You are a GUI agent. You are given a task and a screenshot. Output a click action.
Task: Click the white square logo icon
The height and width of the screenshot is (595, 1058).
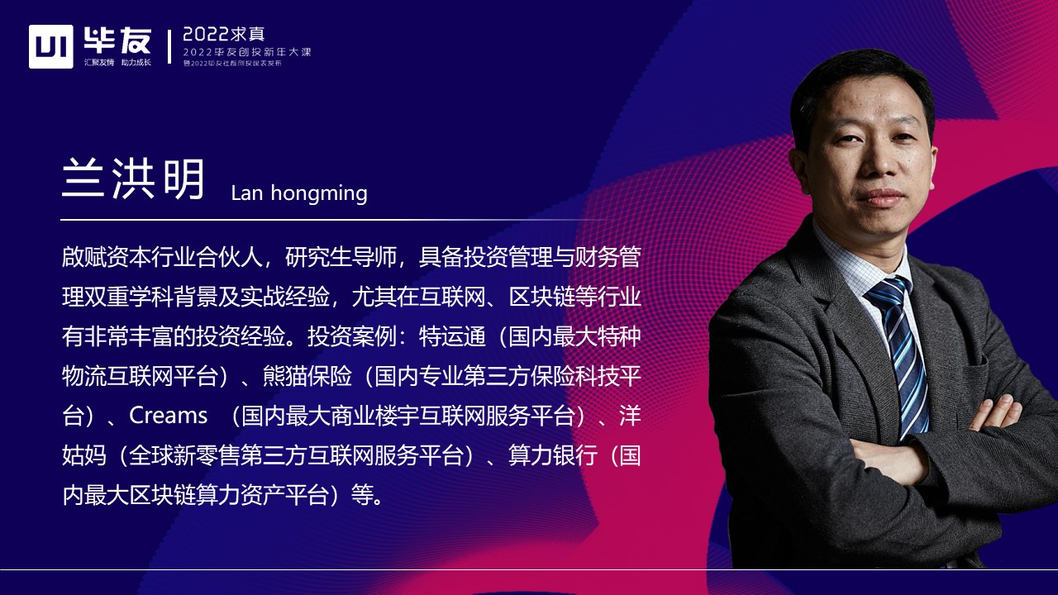51,46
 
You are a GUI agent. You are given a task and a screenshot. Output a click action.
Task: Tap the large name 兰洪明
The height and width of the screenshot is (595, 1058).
133,179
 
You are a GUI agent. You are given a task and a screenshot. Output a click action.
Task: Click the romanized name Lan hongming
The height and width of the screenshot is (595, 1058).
299,193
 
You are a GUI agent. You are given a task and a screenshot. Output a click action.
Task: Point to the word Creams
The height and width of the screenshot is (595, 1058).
169,415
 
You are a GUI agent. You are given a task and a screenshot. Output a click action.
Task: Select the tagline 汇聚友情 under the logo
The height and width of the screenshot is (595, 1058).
98,63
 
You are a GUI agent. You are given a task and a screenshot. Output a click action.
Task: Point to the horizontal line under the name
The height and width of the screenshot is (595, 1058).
331,220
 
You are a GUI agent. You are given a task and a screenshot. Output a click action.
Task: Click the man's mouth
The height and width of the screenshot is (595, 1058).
881,198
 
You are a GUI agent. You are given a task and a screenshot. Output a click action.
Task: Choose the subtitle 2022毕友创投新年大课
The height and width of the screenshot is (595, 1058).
247,52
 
